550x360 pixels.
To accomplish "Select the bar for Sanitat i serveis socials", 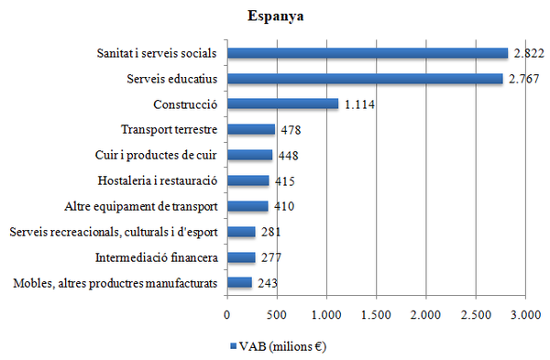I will click(367, 53).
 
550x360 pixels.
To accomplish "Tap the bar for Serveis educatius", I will click(364, 79).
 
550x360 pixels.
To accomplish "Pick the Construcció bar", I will click(282, 104).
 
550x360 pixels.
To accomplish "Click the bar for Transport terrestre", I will click(251, 130).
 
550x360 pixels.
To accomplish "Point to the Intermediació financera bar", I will click(241, 257).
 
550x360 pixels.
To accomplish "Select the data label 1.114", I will click(361, 104).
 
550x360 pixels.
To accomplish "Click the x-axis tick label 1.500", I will click(376, 316).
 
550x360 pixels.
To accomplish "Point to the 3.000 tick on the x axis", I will click(524, 316).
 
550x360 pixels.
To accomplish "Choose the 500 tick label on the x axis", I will click(277, 316).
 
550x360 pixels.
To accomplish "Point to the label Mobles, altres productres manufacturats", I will click(115, 283).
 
